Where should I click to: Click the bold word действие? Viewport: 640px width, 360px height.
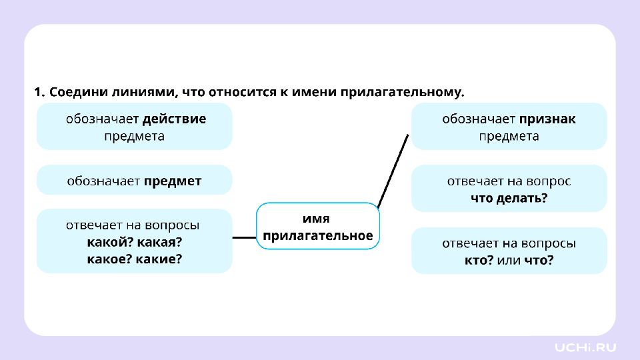tap(174, 119)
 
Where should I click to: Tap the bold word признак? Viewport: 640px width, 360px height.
tap(547, 119)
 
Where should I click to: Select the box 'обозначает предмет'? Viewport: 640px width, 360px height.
tap(134, 180)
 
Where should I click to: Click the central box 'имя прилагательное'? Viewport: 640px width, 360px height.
tap(318, 226)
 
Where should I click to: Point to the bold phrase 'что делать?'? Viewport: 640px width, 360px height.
tap(509, 199)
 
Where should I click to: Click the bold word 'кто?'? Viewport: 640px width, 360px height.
tap(479, 260)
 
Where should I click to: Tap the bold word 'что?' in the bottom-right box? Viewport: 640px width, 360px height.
tap(539, 260)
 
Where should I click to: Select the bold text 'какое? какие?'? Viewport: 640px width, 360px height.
tap(134, 259)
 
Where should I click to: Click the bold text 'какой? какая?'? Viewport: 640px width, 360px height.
tap(134, 242)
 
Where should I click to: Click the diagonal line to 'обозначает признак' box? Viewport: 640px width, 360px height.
tap(393, 171)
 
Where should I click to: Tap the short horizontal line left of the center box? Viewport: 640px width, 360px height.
tap(244, 237)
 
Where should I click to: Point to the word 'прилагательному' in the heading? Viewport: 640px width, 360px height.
tap(403, 93)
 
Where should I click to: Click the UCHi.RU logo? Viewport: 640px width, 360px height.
tap(585, 348)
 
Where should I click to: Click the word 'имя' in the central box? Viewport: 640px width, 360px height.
tap(316, 219)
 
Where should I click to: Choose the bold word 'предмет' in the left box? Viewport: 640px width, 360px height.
tap(173, 181)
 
